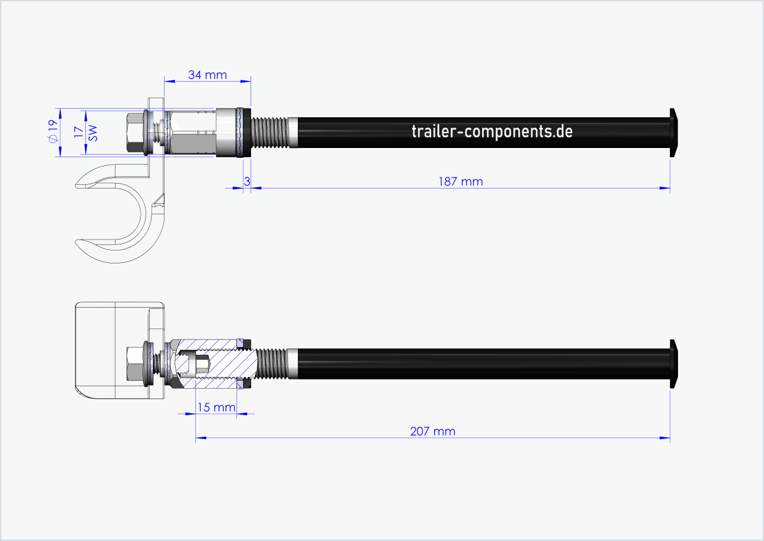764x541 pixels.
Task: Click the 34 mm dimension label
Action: click(207, 75)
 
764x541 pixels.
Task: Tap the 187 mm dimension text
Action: click(460, 181)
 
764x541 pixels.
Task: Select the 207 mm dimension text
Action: click(432, 431)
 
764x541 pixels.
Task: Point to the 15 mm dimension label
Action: click(216, 407)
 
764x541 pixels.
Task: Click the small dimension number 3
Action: click(247, 181)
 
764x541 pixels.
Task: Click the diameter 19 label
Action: click(53, 131)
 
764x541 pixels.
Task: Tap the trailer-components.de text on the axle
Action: click(492, 131)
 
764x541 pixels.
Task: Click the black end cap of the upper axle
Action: click(674, 131)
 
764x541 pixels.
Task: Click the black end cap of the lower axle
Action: click(674, 364)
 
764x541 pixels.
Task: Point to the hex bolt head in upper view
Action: click(134, 132)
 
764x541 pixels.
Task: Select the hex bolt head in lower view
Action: click(134, 364)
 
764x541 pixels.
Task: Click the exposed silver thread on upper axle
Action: click(273, 132)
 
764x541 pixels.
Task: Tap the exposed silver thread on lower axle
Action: click(274, 364)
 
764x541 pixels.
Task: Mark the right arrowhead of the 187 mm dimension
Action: click(665, 188)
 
